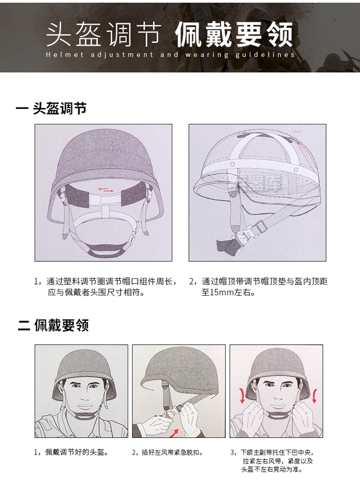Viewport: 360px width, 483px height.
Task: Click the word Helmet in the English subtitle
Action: coord(65,55)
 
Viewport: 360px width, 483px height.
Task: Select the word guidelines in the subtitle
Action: coord(265,55)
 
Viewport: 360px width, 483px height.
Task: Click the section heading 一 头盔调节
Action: coord(51,109)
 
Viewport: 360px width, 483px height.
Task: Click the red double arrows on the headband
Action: coord(106,190)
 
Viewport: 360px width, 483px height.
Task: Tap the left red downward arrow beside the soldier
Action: coord(242,396)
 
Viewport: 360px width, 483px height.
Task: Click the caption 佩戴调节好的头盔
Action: coord(76,452)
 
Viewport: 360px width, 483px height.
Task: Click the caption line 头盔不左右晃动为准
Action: coord(272,470)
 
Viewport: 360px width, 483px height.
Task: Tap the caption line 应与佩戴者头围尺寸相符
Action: coord(96,292)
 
